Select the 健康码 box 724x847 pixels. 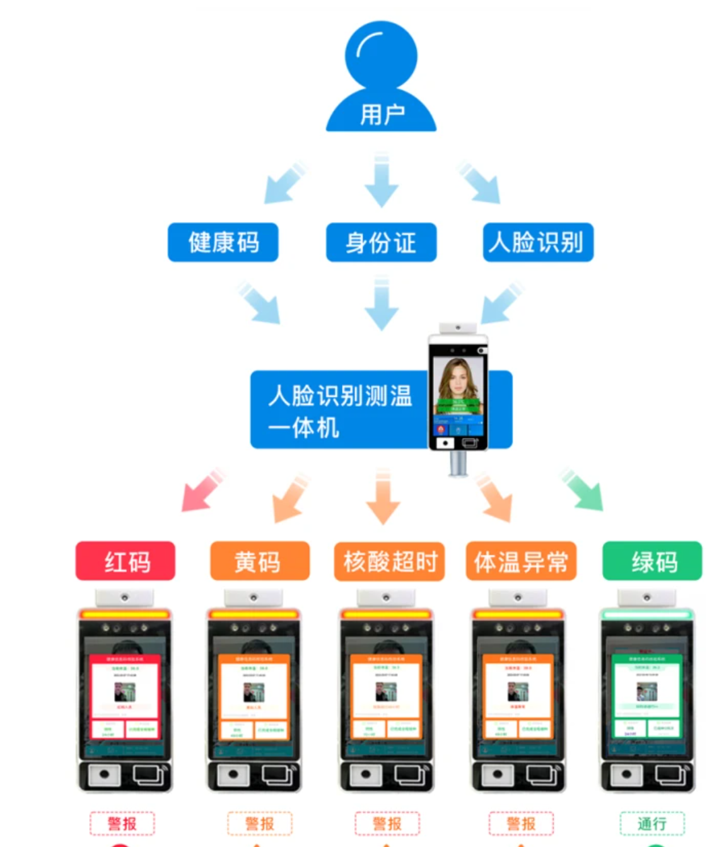(223, 242)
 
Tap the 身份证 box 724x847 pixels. (381, 242)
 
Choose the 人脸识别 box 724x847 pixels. (538, 242)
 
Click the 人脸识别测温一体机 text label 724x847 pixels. (339, 411)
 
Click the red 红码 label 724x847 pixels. (126, 561)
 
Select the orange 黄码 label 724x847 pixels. (260, 561)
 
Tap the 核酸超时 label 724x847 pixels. (389, 561)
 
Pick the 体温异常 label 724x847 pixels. (521, 561)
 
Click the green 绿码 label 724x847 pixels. (652, 561)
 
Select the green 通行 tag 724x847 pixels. (652, 824)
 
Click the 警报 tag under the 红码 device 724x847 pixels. (122, 824)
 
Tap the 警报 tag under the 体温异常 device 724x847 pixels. (521, 824)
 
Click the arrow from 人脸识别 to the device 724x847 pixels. (500, 304)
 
